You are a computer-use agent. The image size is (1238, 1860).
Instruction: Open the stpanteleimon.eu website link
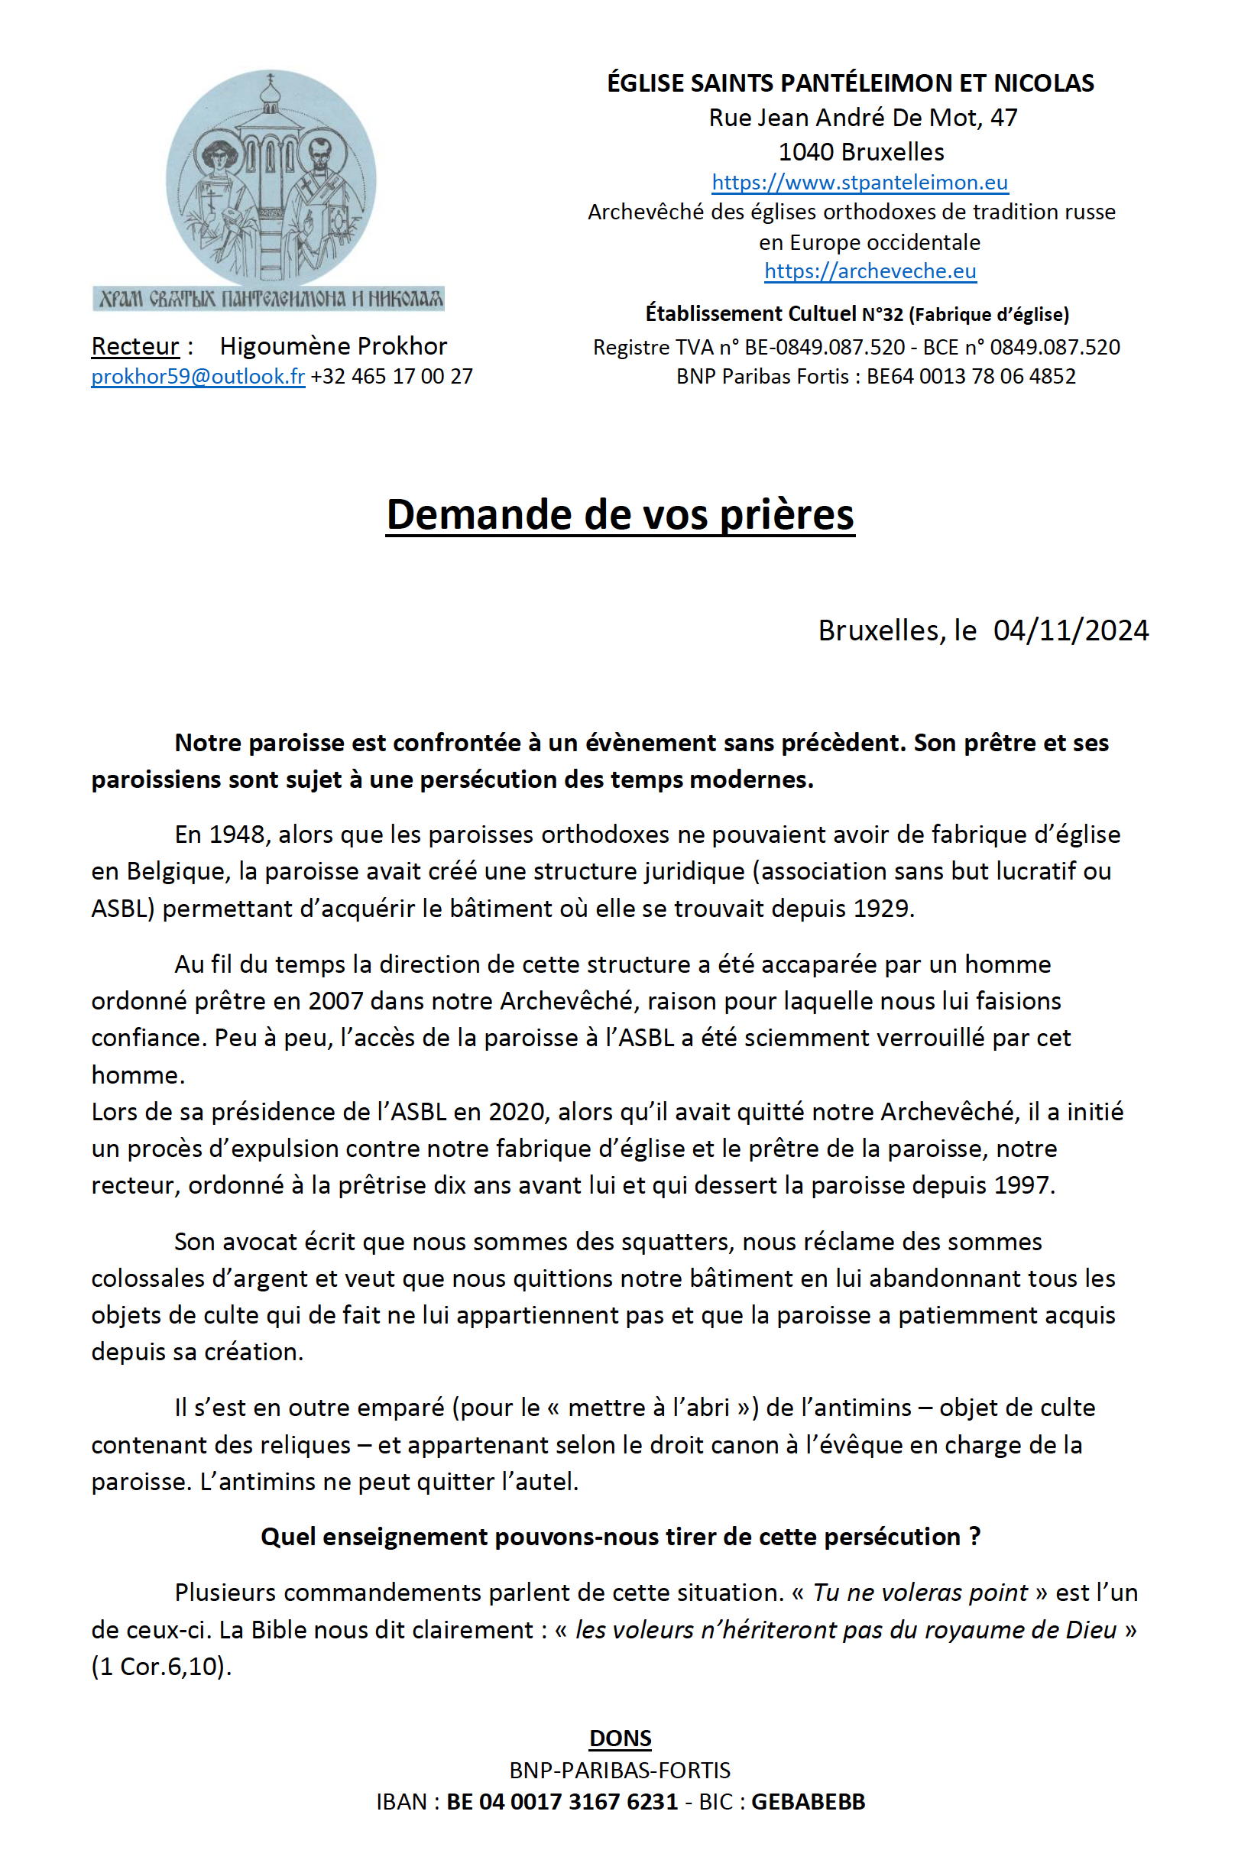pos(859,183)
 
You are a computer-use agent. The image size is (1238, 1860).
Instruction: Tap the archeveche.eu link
pos(870,271)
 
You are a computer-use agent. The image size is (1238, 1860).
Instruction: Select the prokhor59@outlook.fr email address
pos(198,376)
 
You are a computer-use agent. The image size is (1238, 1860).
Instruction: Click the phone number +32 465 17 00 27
pos(391,376)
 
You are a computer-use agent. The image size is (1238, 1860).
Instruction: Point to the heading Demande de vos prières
pos(620,515)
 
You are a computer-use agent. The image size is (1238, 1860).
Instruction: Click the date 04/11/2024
pos(1071,630)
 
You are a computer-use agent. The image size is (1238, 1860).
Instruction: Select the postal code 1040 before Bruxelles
pos(806,151)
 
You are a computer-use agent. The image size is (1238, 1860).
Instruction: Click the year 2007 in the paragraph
pos(336,1000)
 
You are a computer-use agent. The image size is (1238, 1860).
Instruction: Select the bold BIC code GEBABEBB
pos(808,1802)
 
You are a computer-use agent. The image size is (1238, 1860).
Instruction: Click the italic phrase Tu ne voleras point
pos(920,1594)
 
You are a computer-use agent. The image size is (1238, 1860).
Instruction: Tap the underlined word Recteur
pos(135,346)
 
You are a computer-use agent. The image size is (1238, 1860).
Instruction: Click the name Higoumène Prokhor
pos(333,346)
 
